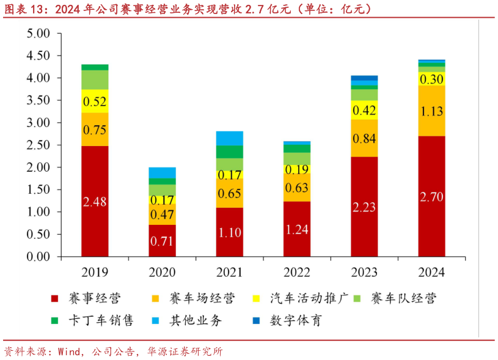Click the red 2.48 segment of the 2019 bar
click(95, 201)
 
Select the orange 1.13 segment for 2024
click(431, 111)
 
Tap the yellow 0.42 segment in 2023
click(364, 110)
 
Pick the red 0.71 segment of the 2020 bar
click(162, 240)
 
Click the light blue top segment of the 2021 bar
click(229, 138)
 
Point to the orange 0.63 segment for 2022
click(296, 187)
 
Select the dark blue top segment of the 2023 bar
click(364, 78)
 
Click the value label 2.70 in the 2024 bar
click(431, 197)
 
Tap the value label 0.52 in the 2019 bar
click(95, 101)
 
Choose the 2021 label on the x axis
click(229, 273)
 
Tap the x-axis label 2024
click(431, 273)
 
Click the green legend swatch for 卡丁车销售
click(55, 320)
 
